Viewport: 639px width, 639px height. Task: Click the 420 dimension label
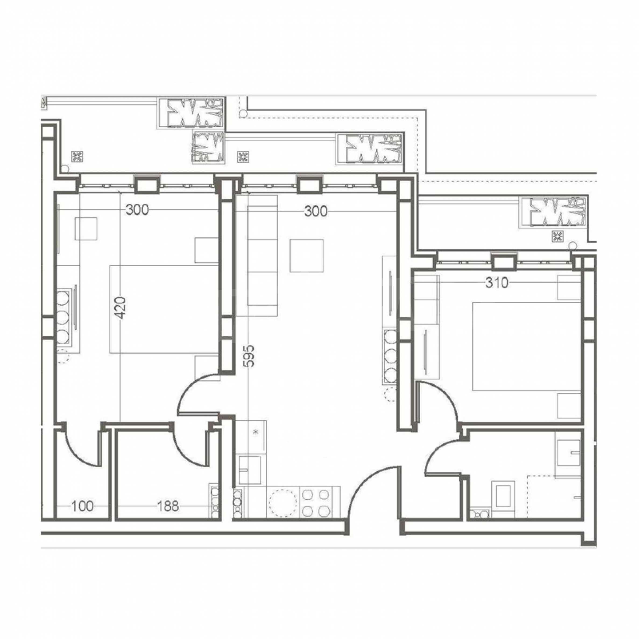[x=121, y=308]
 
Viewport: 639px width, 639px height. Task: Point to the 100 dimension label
[x=82, y=506]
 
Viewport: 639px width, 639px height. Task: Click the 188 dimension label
[x=168, y=506]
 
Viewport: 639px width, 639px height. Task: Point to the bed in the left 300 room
[x=164, y=309]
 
